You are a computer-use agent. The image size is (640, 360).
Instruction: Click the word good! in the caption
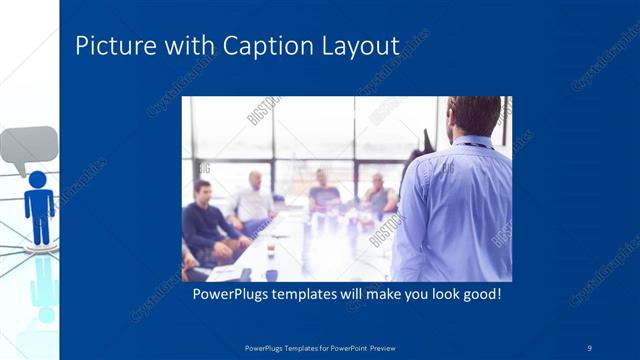point(478,296)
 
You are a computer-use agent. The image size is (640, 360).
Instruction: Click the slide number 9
point(589,347)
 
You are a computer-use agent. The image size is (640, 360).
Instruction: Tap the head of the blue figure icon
point(38,179)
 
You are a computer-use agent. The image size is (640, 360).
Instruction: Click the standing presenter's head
point(475,114)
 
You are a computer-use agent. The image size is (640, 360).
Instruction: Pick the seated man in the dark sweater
point(205,222)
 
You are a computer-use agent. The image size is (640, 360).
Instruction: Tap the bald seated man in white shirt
point(252,200)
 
